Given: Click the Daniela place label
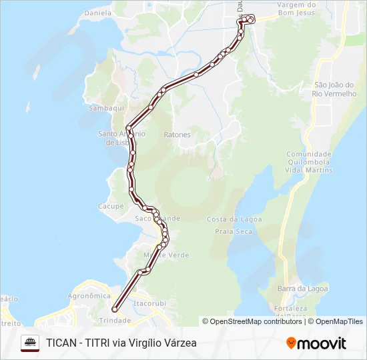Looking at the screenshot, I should (x=98, y=12).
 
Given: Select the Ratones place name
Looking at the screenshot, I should (x=177, y=135).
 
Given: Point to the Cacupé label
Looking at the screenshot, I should (x=111, y=207).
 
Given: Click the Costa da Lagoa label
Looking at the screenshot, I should (x=234, y=219).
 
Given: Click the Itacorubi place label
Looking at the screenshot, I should (x=149, y=303).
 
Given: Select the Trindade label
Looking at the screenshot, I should (x=115, y=320).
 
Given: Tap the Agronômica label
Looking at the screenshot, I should (x=89, y=295).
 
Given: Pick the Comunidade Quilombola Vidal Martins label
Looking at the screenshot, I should (x=309, y=162).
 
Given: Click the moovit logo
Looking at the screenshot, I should (x=316, y=343).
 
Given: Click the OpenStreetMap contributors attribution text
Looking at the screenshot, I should (x=252, y=321).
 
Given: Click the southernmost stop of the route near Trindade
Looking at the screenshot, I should (x=115, y=309).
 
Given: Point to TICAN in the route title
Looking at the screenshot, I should (x=61, y=343).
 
